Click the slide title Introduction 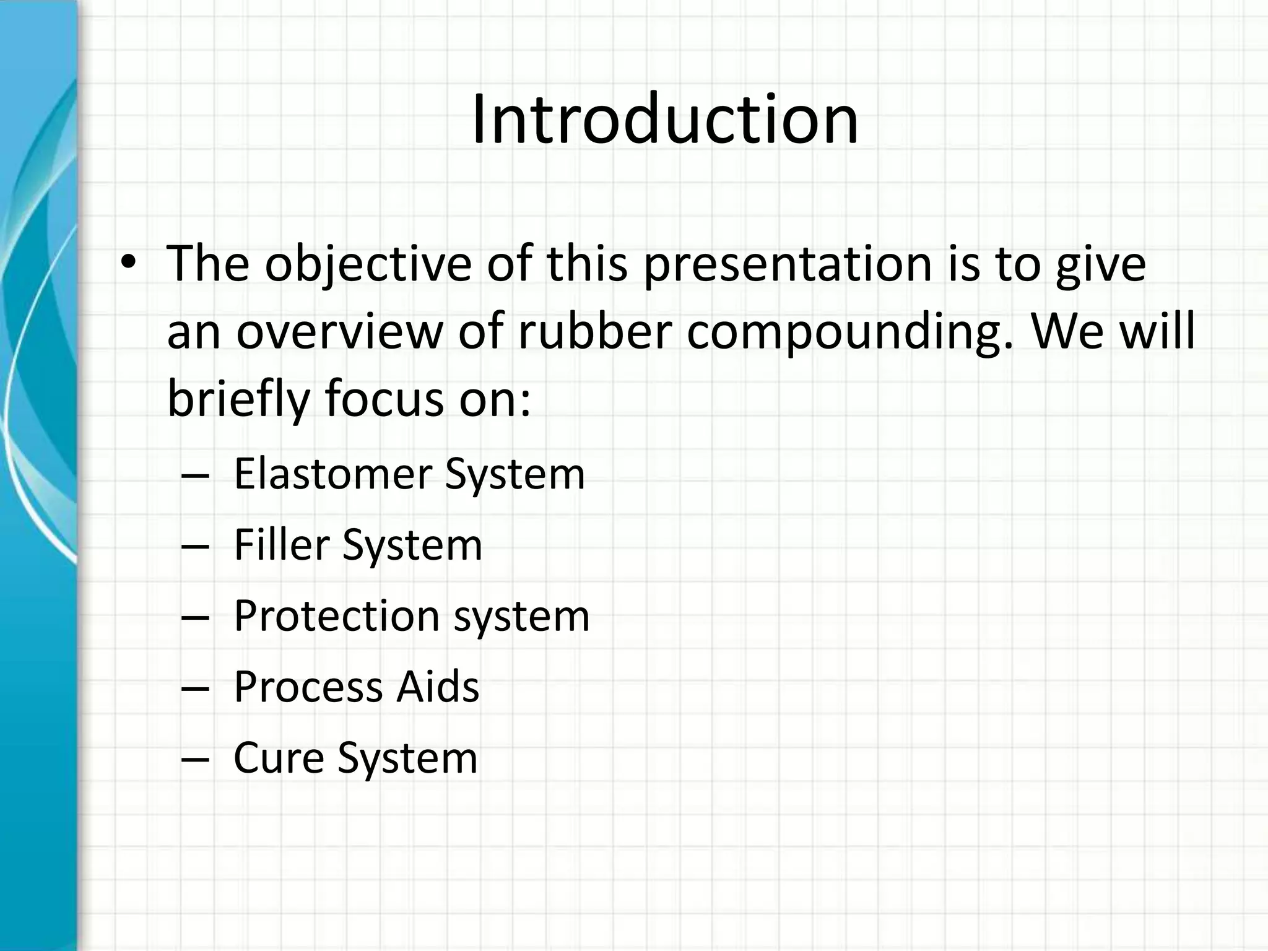coord(665,119)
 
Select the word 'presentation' coord(788,264)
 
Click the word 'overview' coord(339,332)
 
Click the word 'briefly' coord(238,399)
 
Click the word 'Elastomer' coord(332,474)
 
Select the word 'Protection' coord(336,616)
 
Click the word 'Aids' coord(438,687)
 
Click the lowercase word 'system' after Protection coord(521,617)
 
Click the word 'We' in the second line coord(1067,332)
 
